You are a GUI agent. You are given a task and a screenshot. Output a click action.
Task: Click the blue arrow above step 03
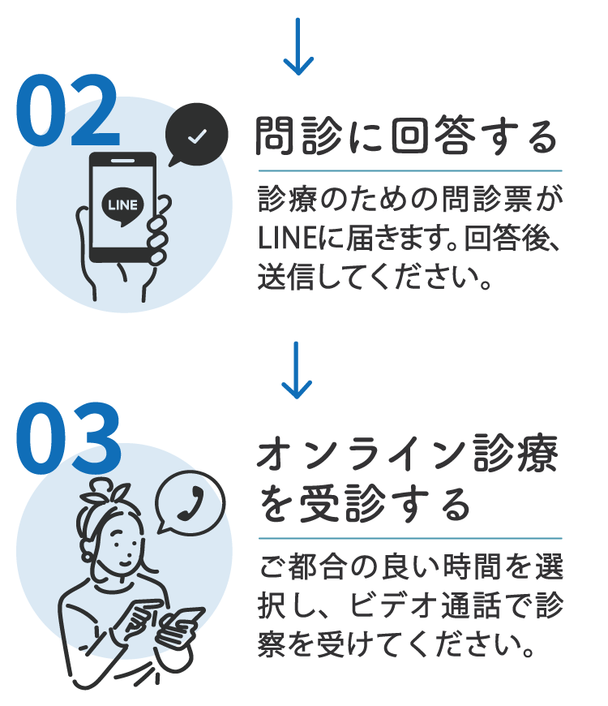coord(299,371)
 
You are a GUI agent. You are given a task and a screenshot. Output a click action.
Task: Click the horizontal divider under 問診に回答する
coord(409,170)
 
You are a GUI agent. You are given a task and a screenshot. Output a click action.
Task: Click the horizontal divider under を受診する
coord(409,538)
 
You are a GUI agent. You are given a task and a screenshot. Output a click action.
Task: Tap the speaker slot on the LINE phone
coord(124,161)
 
